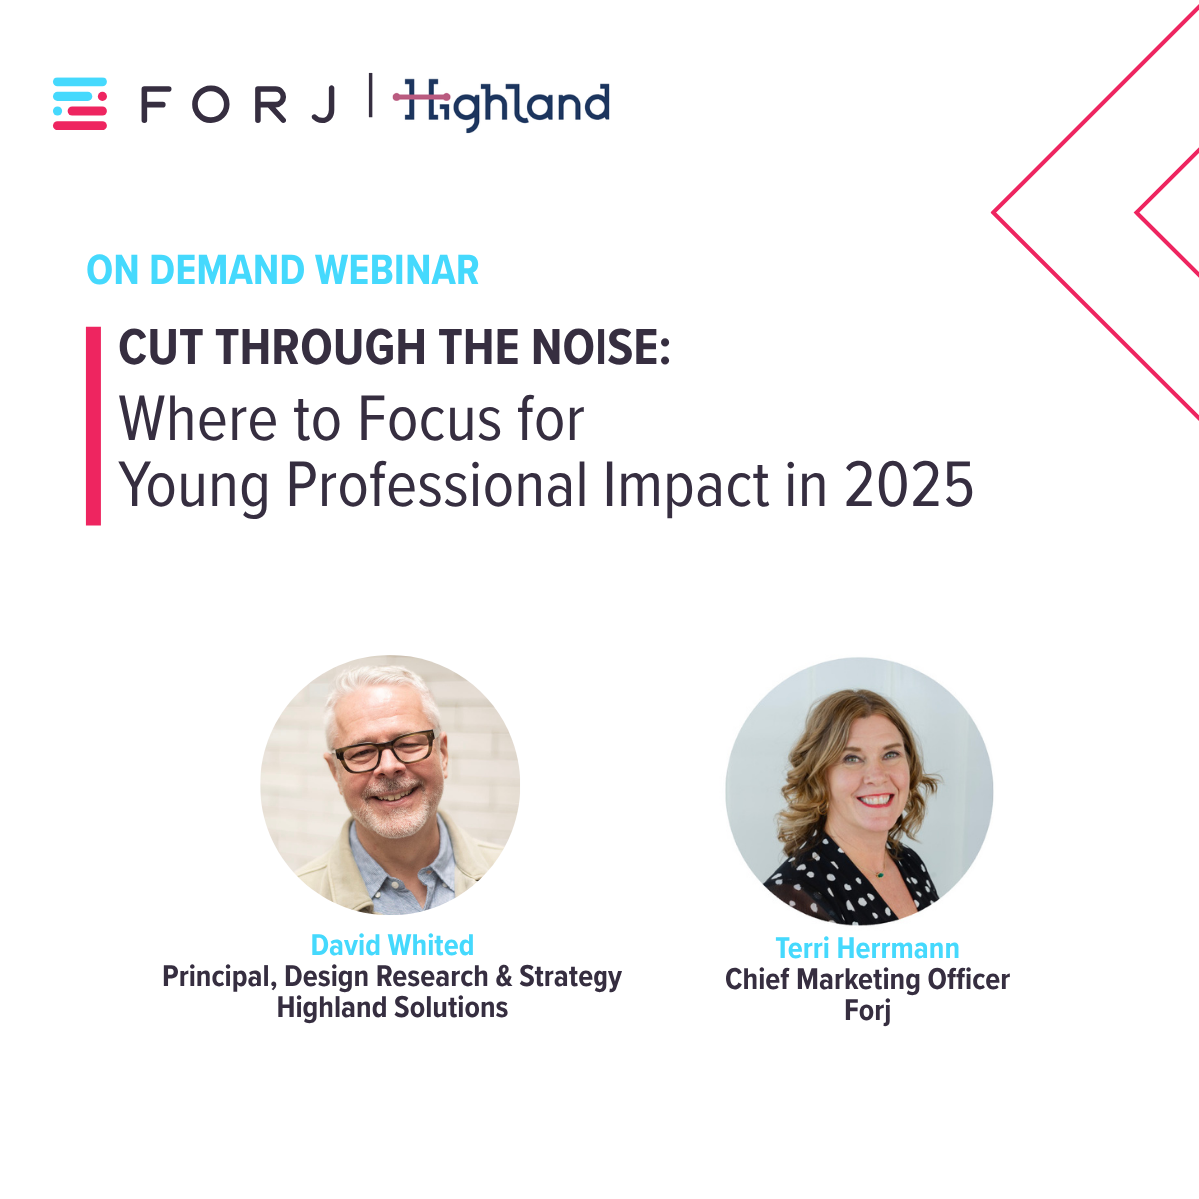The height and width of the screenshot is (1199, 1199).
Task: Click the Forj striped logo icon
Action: pyautogui.click(x=80, y=103)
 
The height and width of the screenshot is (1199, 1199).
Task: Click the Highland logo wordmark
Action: pyautogui.click(x=502, y=105)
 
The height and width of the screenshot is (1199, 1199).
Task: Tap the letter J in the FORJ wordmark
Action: pyautogui.click(x=323, y=105)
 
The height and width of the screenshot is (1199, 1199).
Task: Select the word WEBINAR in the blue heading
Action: pyautogui.click(x=397, y=270)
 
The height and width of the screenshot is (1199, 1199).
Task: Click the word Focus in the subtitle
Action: pyautogui.click(x=430, y=418)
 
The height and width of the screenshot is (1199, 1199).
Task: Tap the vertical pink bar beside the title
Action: pyautogui.click(x=93, y=426)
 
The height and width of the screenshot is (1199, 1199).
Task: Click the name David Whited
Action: pyautogui.click(x=392, y=945)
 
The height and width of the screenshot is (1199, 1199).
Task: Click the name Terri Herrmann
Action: pyautogui.click(x=867, y=948)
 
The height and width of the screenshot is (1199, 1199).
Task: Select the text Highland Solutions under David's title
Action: pyautogui.click(x=392, y=1007)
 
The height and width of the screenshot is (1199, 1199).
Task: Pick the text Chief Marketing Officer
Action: pyautogui.click(x=867, y=979)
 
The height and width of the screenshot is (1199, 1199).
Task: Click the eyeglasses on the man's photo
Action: pyautogui.click(x=385, y=751)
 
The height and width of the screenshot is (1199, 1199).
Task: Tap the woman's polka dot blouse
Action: pyautogui.click(x=851, y=883)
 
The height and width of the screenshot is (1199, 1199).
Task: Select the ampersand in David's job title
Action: pyautogui.click(x=504, y=977)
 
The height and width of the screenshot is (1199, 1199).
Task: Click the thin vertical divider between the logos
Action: pyautogui.click(x=371, y=95)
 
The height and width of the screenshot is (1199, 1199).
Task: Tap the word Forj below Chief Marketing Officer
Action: pyautogui.click(x=868, y=1010)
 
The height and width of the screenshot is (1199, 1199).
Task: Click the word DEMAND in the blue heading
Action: pyautogui.click(x=227, y=270)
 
